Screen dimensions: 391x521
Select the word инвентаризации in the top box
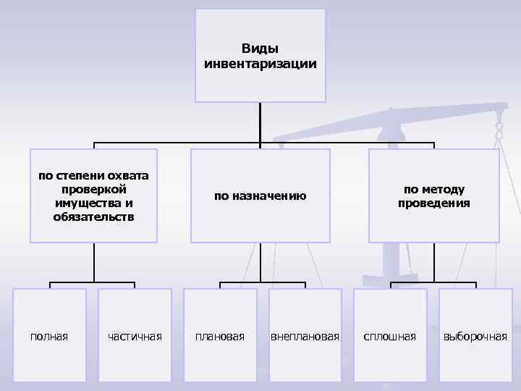point(260,64)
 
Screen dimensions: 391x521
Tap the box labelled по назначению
point(260,195)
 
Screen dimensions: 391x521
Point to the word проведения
point(433,203)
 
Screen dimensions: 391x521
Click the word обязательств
point(93,216)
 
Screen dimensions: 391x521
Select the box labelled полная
point(50,335)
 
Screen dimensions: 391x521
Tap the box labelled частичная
point(135,335)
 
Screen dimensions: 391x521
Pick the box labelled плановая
point(220,335)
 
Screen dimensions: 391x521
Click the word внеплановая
point(305,336)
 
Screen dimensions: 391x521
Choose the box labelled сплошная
point(389,335)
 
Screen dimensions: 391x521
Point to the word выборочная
point(475,336)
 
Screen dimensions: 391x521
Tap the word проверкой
point(93,189)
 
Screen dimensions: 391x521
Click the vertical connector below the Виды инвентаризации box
point(260,122)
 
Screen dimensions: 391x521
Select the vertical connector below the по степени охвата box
point(93,261)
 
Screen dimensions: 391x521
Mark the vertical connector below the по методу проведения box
point(434,261)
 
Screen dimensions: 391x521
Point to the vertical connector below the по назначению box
point(260,261)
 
